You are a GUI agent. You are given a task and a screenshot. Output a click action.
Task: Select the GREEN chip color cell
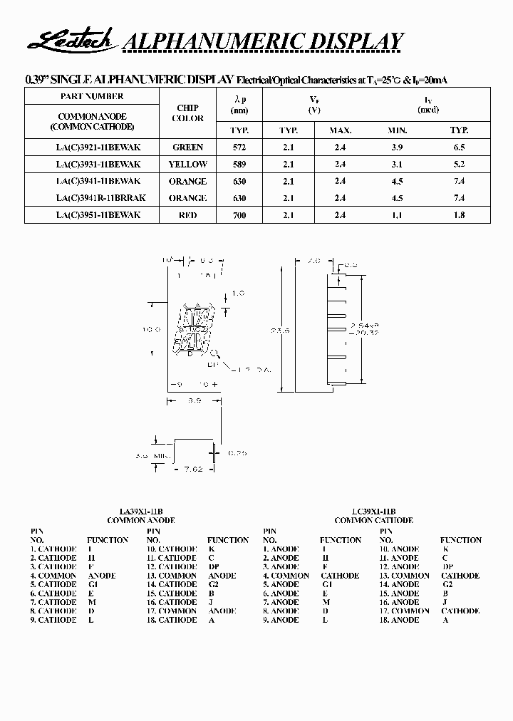(x=188, y=147)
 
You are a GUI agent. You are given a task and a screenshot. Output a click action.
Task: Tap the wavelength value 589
(x=239, y=165)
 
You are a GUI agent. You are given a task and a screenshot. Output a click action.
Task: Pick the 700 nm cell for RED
(x=239, y=215)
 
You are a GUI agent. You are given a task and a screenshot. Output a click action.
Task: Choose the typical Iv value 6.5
(x=459, y=147)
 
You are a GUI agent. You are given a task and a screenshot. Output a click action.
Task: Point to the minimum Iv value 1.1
(x=398, y=215)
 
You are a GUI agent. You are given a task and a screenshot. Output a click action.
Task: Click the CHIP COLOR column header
(x=188, y=113)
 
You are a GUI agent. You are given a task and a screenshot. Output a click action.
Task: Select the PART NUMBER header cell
(x=93, y=96)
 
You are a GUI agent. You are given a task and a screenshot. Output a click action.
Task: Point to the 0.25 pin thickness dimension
(x=237, y=452)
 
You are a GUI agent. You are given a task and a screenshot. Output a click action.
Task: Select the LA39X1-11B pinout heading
(x=140, y=512)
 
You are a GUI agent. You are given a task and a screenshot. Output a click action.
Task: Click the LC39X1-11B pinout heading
(x=373, y=512)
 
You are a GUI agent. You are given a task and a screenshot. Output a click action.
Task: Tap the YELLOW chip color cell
(x=188, y=165)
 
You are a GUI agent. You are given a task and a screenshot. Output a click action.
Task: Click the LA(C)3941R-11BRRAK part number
(x=100, y=198)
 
